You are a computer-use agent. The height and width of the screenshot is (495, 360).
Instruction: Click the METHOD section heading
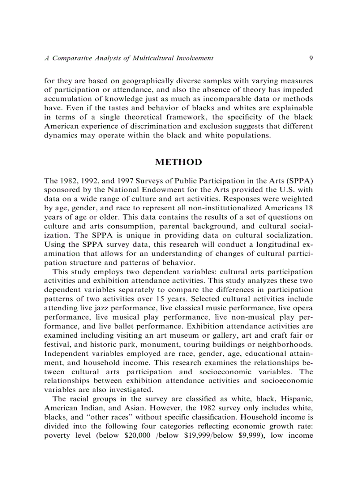tap(179, 162)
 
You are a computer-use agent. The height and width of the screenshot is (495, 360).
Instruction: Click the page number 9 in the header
tap(311, 58)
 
